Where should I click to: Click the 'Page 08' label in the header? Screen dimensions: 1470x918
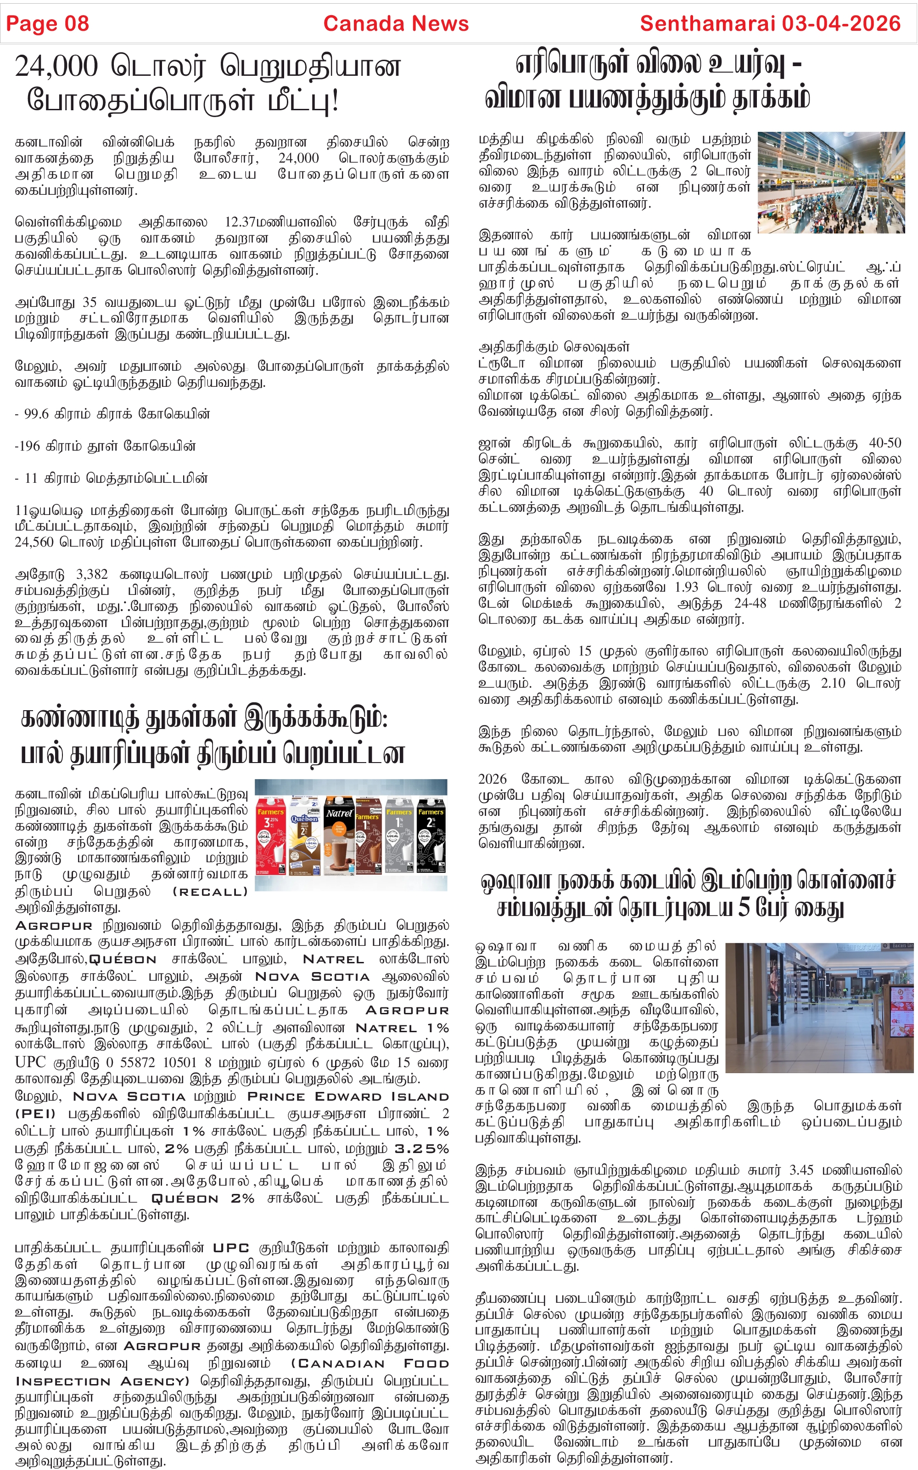click(x=47, y=24)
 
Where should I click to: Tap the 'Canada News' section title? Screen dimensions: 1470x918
click(x=396, y=24)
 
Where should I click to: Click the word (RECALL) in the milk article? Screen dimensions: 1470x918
click(x=210, y=892)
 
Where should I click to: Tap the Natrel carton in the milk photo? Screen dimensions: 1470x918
click(x=339, y=835)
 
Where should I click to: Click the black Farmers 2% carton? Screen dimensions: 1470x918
click(x=431, y=835)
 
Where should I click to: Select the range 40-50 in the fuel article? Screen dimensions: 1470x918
click(x=884, y=443)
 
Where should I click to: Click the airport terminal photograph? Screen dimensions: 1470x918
click(x=831, y=182)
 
